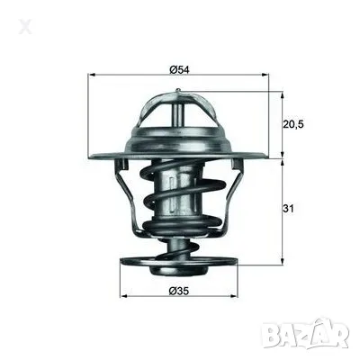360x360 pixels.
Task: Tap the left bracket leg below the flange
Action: coord(132,202)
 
